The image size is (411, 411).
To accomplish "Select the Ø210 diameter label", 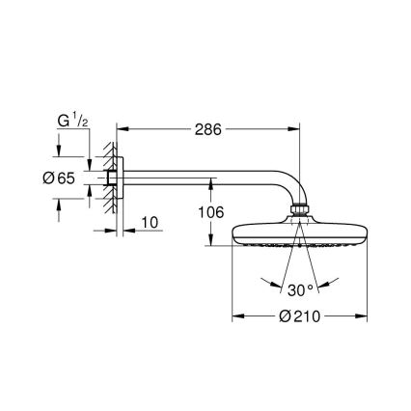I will tap(300, 315).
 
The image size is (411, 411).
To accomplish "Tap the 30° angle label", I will tap(300, 288).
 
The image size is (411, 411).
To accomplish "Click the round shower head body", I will tap(300, 234).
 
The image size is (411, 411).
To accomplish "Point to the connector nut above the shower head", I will tap(300, 209).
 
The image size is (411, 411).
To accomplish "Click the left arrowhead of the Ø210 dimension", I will tap(236, 315).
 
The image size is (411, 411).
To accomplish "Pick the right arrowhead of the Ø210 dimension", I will tap(364, 315).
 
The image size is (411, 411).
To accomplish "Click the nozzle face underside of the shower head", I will tap(300, 249).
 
